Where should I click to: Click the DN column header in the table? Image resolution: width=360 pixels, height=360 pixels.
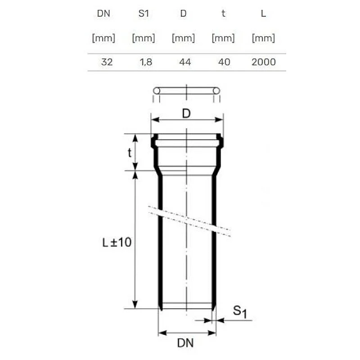pos(103,13)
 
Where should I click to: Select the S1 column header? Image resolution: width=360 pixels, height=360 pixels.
pos(143,13)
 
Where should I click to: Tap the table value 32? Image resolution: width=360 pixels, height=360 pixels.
pos(107,62)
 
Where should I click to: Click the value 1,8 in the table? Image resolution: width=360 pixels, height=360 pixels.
pos(146,62)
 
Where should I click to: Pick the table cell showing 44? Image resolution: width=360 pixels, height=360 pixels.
pos(184,62)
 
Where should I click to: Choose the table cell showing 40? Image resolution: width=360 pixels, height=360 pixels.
pos(224,62)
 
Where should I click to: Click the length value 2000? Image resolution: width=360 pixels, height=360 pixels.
pos(263,62)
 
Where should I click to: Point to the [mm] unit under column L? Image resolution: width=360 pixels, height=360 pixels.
pos(263,38)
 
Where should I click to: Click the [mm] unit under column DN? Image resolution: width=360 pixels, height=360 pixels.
pos(103,38)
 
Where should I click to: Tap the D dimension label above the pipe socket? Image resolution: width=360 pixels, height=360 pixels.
pos(186,114)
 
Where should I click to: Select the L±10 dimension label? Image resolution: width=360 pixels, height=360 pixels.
pos(116,243)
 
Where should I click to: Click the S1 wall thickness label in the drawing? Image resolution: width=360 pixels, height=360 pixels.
pos(239,311)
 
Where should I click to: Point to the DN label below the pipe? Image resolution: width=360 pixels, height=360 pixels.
pos(185,343)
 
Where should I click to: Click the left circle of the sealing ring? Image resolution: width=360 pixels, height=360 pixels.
pos(157,91)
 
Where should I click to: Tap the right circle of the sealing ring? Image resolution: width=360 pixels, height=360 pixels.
pos(216,91)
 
